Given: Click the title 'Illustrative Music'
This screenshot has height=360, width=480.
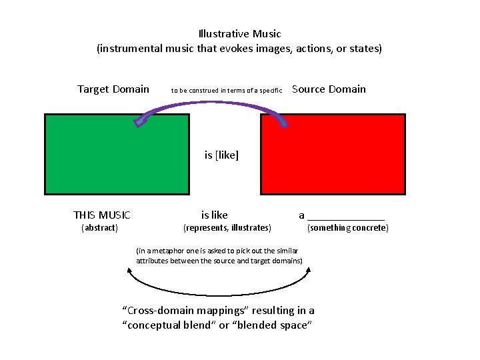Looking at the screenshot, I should coord(240,33).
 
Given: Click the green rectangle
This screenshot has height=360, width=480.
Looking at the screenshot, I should coord(117,154).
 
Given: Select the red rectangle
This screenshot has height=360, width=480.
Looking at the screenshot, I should coord(333,154).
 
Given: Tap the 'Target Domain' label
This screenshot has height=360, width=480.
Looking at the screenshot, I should coord(113,89).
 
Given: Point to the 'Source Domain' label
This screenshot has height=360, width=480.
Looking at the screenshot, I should coord(329,89).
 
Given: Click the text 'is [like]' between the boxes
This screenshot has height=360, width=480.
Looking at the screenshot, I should coord(221,155).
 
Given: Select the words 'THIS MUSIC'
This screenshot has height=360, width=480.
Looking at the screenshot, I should coord(102,215).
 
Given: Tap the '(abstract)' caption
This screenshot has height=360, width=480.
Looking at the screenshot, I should coord(99,228).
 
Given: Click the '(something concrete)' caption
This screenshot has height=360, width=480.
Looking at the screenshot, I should coord(347,228).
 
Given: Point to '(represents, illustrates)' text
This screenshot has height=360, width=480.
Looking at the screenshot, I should coord(227,228).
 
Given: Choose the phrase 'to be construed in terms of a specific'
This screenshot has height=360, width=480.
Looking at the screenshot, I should coord(227,90).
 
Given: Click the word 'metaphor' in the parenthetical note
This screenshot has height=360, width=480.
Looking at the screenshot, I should coord(163,251).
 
